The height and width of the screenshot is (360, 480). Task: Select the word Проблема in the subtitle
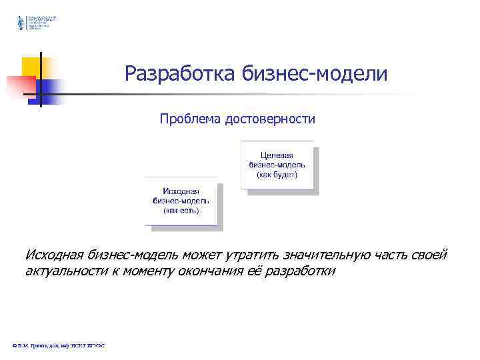pyautogui.click(x=190, y=119)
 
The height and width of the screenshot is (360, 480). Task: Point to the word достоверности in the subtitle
pyautogui.click(x=270, y=119)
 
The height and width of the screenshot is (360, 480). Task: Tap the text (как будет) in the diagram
pyautogui.click(x=277, y=175)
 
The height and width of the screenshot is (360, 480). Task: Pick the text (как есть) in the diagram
pyautogui.click(x=181, y=210)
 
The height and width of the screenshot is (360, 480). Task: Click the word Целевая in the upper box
pyautogui.click(x=277, y=155)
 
